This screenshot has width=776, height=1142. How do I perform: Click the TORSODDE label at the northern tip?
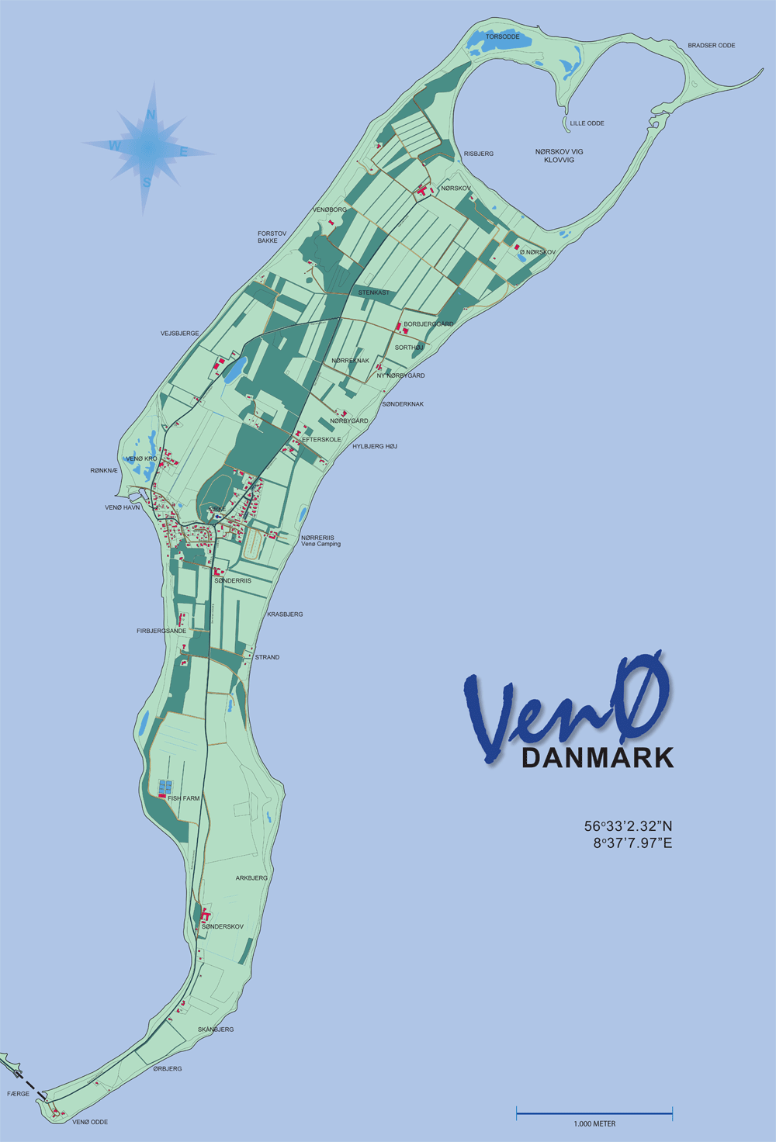pyautogui.click(x=502, y=36)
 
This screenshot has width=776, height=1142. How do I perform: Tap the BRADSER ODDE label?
pyautogui.click(x=711, y=46)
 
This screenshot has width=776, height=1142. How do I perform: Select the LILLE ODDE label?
pyautogui.click(x=587, y=123)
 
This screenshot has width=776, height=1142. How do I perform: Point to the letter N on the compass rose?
pyautogui.click(x=151, y=116)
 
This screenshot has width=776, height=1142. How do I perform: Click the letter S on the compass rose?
pyautogui.click(x=146, y=183)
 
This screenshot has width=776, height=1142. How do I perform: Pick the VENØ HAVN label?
pyautogui.click(x=123, y=507)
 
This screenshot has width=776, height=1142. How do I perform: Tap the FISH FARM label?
pyautogui.click(x=184, y=798)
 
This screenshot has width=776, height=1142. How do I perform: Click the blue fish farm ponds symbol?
pyautogui.click(x=165, y=787)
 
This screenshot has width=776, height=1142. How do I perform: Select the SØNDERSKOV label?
pyautogui.click(x=223, y=926)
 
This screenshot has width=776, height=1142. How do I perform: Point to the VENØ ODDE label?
pyautogui.click(x=90, y=1122)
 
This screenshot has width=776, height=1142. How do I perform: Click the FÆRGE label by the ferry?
pyautogui.click(x=18, y=1094)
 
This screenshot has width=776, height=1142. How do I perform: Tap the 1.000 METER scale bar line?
pyautogui.click(x=594, y=1114)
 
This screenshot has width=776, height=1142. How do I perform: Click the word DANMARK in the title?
pyautogui.click(x=597, y=757)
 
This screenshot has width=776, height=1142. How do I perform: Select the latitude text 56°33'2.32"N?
pyautogui.click(x=628, y=826)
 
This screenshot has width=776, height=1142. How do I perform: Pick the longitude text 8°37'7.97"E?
pyautogui.click(x=632, y=843)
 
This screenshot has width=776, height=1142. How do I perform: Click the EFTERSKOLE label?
pyautogui.click(x=321, y=440)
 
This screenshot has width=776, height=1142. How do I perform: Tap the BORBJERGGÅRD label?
pyautogui.click(x=428, y=324)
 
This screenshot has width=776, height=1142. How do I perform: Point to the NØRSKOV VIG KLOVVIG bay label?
pyautogui.click(x=559, y=155)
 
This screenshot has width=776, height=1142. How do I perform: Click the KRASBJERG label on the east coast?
pyautogui.click(x=285, y=614)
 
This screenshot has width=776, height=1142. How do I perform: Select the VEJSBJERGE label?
pyautogui.click(x=180, y=334)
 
